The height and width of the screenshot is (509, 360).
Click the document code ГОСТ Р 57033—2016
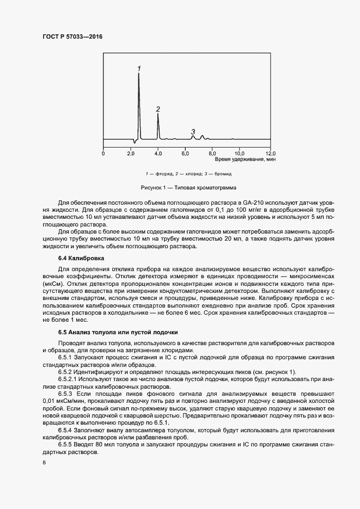[x=72, y=37]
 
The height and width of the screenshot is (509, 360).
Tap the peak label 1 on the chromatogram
[x=139, y=69]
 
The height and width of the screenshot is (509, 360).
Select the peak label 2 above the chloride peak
[x=158, y=109]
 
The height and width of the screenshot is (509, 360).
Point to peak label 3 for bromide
[x=193, y=132]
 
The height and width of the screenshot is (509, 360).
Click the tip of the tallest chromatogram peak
[x=139, y=74]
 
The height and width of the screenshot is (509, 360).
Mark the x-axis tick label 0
[x=103, y=154]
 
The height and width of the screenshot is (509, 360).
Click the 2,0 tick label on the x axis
[x=131, y=154]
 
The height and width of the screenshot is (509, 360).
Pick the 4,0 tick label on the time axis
[x=158, y=154]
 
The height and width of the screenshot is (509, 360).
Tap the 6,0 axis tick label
[x=185, y=154]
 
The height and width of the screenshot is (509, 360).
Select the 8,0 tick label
[x=212, y=154]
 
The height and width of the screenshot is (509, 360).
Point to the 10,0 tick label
[x=240, y=154]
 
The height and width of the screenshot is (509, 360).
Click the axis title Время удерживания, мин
[x=245, y=160]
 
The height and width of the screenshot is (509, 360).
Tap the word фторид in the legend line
[x=161, y=174]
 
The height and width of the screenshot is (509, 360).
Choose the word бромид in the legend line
[x=223, y=174]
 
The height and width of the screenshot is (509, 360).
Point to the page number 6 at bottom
[x=44, y=462]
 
